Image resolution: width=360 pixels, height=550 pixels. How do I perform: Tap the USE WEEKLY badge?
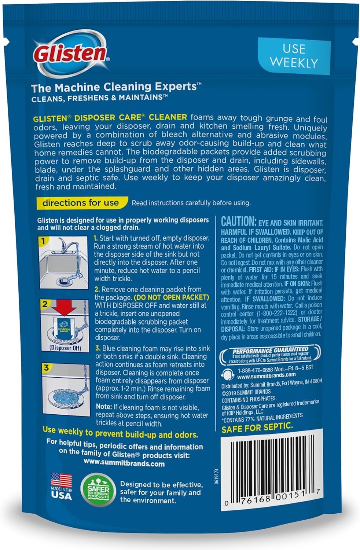click(294, 56)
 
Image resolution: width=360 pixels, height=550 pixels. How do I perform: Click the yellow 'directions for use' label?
click(81, 203)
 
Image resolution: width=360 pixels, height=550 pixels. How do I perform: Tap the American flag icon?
click(61, 480)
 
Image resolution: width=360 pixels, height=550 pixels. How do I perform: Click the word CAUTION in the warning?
click(238, 221)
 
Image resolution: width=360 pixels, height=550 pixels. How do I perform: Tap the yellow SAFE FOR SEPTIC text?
click(257, 428)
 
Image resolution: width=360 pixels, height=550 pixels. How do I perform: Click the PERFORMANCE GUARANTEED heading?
click(271, 350)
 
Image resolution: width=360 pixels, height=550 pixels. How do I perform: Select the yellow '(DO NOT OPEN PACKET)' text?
click(172, 297)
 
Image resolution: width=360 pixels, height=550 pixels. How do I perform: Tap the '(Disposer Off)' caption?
click(65, 348)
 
